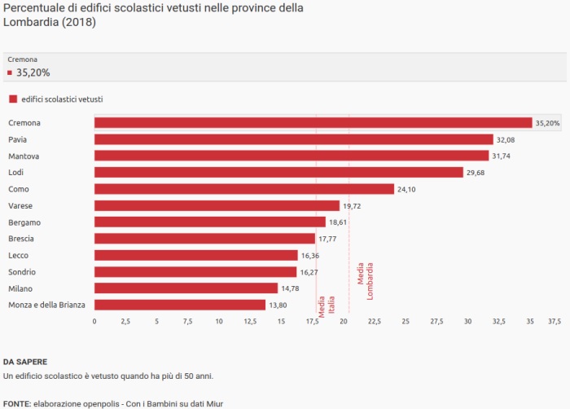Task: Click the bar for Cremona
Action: (x=313, y=123)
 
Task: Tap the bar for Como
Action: (x=244, y=189)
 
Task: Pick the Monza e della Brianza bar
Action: (x=180, y=305)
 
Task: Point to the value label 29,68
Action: (x=476, y=173)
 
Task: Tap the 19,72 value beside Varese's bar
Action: (x=352, y=206)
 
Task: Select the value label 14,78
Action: (x=290, y=288)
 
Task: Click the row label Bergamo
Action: (x=24, y=222)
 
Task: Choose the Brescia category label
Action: (x=21, y=239)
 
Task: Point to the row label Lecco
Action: (x=19, y=255)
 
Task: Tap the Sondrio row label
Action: (x=22, y=271)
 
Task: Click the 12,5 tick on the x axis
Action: (x=250, y=322)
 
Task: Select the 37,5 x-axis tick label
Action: (x=555, y=322)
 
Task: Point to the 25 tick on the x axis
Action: (x=406, y=322)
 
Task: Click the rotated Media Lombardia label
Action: (x=366, y=280)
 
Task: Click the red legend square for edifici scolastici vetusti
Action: (x=12, y=99)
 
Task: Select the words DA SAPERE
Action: (x=25, y=360)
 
